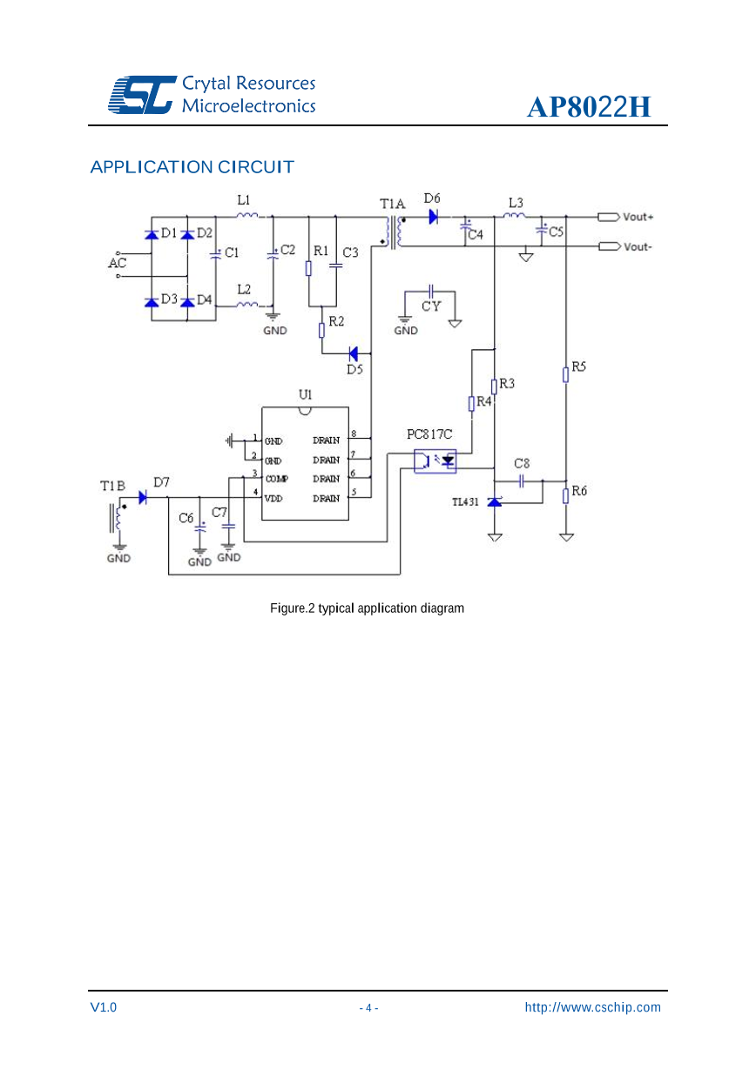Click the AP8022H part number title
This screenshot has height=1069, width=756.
click(589, 107)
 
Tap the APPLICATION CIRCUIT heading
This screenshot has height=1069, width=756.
click(192, 166)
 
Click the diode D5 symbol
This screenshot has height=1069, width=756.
click(354, 353)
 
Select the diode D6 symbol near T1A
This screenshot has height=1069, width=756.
click(433, 217)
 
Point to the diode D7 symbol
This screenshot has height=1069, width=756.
click(144, 498)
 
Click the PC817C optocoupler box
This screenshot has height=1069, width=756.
click(435, 461)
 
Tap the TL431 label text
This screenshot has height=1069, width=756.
click(464, 502)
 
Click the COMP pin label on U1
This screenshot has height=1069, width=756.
click(276, 479)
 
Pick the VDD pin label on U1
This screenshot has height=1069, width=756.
click(273, 498)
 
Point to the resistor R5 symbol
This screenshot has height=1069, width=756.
click(566, 374)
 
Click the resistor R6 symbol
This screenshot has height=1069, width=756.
click(566, 494)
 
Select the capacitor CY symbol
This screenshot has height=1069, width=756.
click(430, 292)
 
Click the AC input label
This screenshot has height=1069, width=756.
click(117, 262)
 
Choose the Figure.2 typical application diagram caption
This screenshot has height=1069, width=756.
click(367, 608)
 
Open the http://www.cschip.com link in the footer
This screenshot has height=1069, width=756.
click(592, 1007)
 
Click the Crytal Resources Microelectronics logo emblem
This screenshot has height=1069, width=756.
click(141, 94)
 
